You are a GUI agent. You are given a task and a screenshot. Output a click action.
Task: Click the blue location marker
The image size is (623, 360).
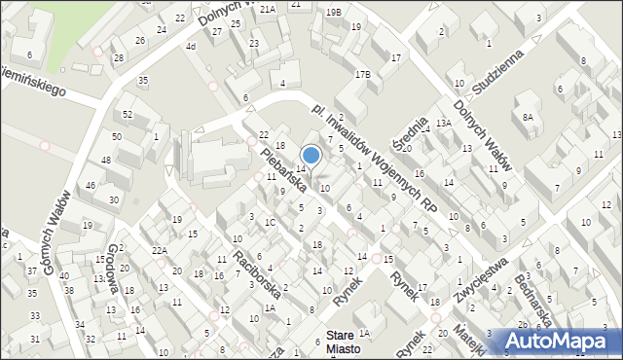311,155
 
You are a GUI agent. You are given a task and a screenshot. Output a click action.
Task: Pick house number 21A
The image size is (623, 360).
266,8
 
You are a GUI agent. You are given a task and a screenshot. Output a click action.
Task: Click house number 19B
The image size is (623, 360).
333,12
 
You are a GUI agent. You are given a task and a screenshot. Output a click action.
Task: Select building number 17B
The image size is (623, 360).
362,74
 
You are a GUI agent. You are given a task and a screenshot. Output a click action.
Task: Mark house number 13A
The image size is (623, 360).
444,124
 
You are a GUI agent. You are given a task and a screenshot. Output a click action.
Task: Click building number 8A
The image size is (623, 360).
528,117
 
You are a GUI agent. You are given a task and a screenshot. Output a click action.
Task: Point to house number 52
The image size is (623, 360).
128,115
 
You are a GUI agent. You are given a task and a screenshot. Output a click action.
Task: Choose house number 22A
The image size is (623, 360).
159,250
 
